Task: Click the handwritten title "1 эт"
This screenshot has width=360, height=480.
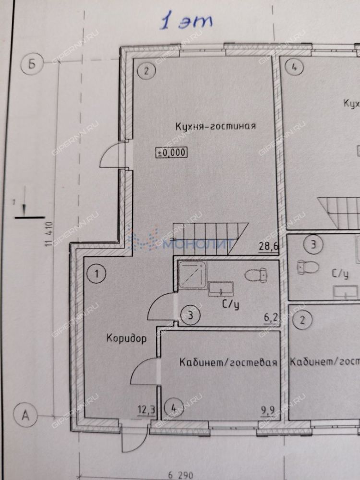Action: pos(187,22)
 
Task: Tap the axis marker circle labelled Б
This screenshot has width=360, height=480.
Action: pos(32,65)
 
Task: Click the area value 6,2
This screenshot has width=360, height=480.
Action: pos(272,318)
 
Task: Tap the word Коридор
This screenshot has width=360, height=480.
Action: pos(126,338)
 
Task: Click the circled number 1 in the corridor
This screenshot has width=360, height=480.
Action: pos(97,275)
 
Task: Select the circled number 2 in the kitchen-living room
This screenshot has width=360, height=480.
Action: pos(146,72)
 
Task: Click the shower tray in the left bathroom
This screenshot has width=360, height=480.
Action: pos(192,276)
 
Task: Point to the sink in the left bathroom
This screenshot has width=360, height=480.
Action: pos(221,289)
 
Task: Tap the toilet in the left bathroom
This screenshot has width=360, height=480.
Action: pos(254,276)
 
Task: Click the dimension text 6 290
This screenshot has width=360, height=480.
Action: pos(180,475)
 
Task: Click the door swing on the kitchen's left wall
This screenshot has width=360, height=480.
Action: pos(112,156)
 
